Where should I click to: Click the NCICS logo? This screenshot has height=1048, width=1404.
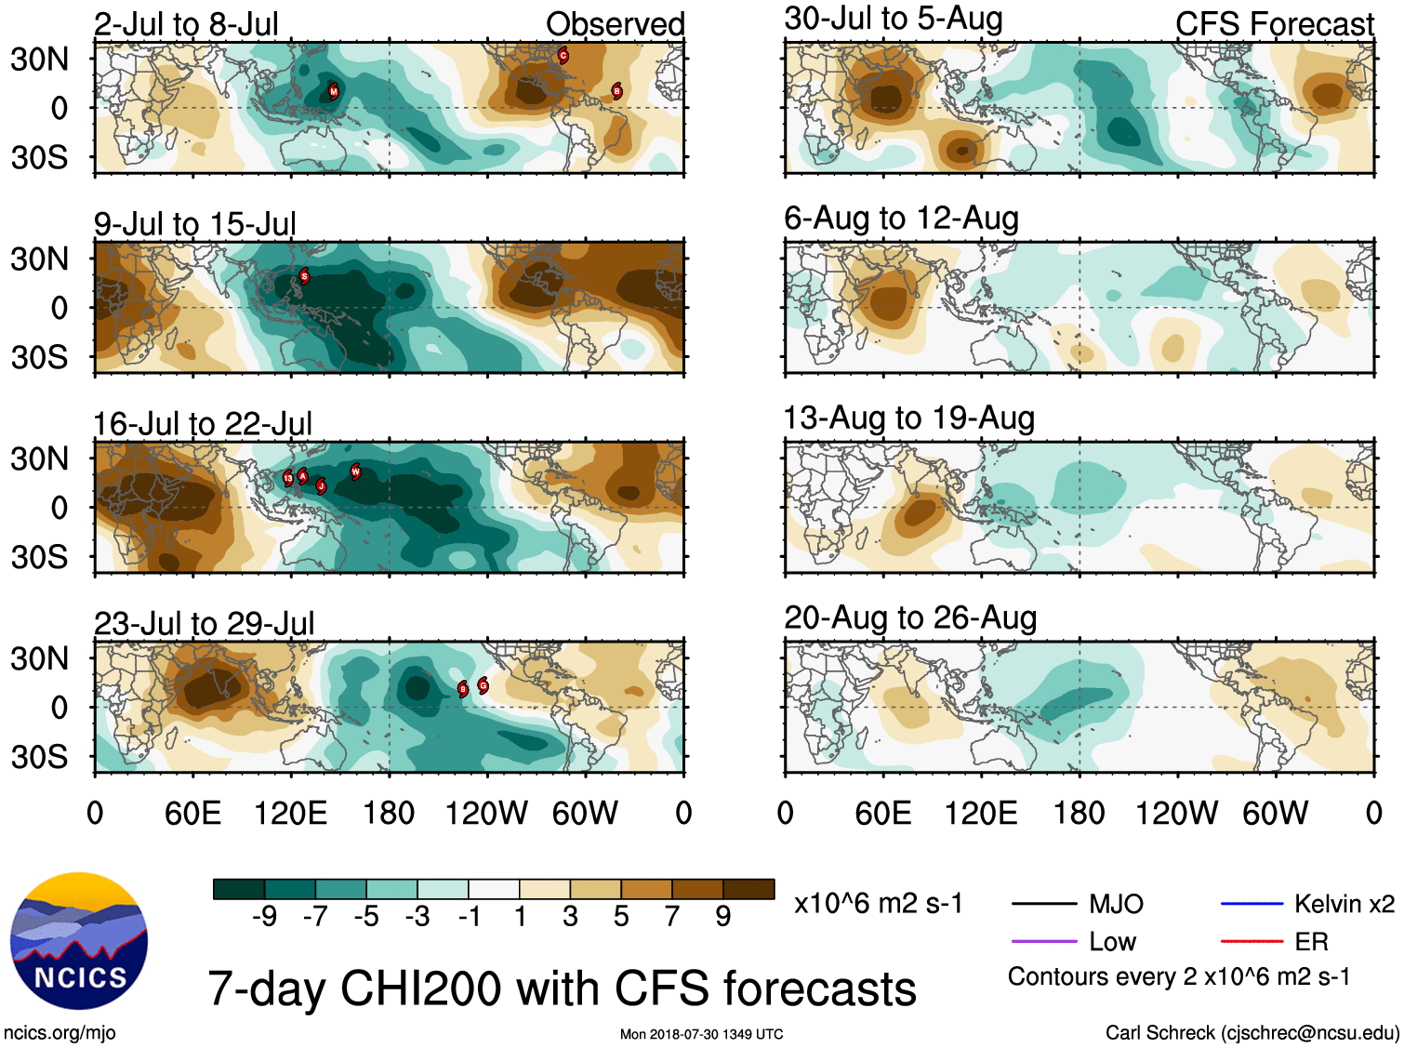pos(79,941)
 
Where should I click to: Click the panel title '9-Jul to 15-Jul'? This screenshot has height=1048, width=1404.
pos(195,224)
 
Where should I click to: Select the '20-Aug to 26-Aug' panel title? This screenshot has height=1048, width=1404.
pos(910,618)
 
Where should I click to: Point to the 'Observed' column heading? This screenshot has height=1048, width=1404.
pos(615,24)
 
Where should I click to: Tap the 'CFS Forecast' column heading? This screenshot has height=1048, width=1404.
pos(1274,24)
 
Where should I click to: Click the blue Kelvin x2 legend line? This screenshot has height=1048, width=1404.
pos(1252,904)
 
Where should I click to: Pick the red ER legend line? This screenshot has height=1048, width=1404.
pos(1252,942)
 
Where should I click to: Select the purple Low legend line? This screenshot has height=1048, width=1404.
pos(1044,942)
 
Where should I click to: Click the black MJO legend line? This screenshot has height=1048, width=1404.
pos(1044,904)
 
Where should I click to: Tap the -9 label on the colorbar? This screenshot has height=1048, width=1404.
pos(265,917)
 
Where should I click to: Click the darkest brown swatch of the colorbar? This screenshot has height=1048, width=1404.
pos(748,890)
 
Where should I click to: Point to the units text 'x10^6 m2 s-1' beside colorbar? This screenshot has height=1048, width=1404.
pos(878,904)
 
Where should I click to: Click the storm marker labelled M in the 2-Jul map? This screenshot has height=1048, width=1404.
pos(334,91)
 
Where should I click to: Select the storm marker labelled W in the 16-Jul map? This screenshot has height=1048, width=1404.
pos(355,471)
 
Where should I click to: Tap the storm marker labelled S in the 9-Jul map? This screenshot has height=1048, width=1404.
pos(304,276)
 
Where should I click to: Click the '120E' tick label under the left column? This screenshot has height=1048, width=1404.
pos(291,814)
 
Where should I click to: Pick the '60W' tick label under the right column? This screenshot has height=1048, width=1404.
pos(1275,814)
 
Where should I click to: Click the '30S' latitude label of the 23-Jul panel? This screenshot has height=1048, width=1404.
pos(40,757)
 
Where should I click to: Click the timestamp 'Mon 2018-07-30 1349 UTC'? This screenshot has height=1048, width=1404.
pos(701,1034)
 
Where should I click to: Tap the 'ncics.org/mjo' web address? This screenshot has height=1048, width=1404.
pos(60,1032)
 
